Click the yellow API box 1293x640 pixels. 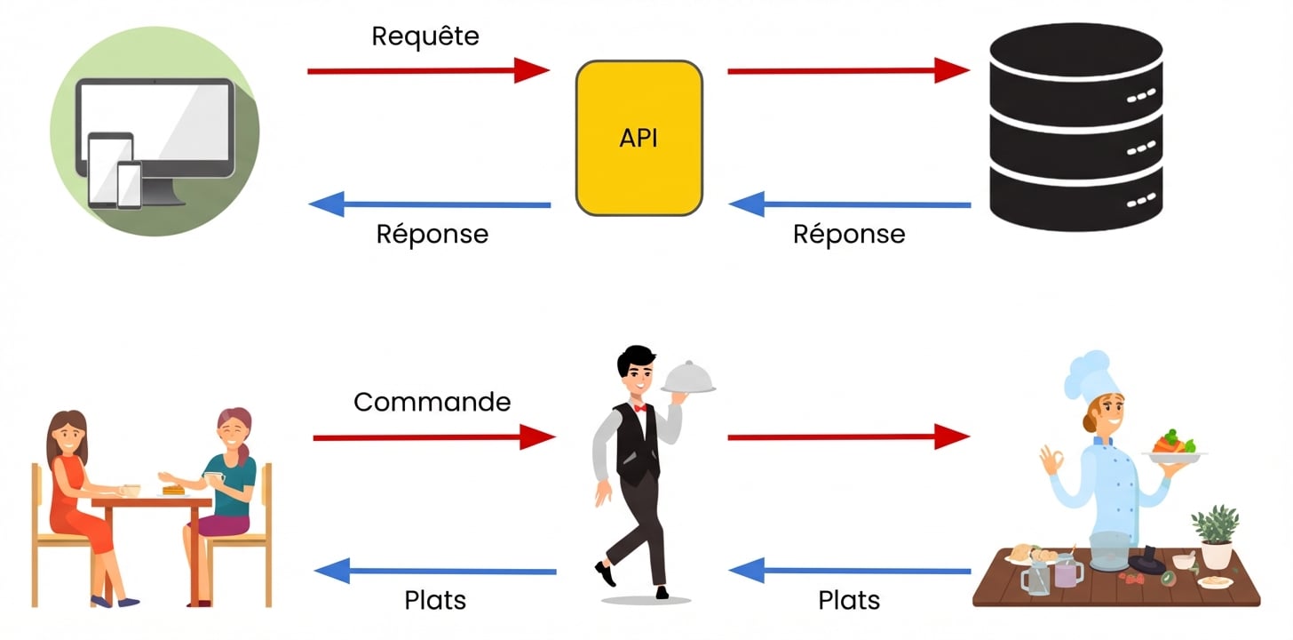639,138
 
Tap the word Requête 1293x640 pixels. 424,36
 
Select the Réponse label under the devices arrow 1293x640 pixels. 432,234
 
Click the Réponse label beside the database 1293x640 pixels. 848,234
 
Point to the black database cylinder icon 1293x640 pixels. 1075,126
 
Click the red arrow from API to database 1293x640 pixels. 847,70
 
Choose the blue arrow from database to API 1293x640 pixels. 849,204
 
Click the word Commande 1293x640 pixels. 432,402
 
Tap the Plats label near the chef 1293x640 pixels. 848,600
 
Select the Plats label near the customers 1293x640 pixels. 435,600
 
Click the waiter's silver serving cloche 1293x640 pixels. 688,378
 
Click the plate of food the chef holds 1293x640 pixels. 1174,446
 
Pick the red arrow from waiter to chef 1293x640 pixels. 847,436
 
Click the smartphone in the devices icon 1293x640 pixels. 129,184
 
